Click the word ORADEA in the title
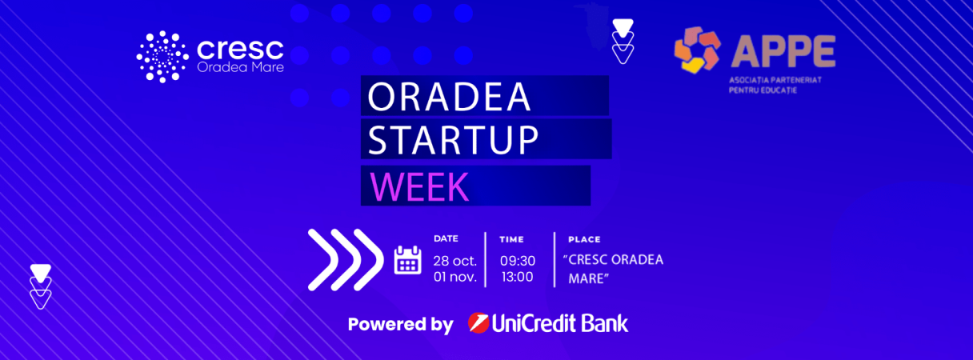pos(449,97)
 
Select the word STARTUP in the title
pos(453,140)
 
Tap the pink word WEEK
pos(419,186)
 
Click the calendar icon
pos(407,260)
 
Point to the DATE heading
pos(446,238)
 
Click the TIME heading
pos(511,239)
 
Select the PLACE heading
pos(584,239)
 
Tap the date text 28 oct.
pos(454,261)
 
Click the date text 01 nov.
pos(454,277)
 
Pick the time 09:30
pos(518,261)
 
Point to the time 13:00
pos(517,277)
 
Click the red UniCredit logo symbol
pos(478,322)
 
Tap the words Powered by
pos(401,324)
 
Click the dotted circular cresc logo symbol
pos(162,57)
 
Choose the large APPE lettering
pos(783,51)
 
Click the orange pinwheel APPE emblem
pos(697,50)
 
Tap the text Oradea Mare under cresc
pos(240,67)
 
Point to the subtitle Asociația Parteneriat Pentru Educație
pos(775,85)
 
